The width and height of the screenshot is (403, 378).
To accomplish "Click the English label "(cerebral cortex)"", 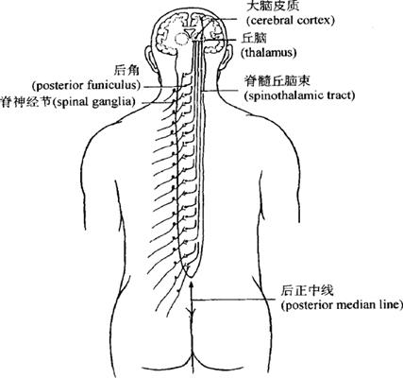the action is point(291,21).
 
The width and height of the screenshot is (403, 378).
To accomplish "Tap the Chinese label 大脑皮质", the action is point(272,5).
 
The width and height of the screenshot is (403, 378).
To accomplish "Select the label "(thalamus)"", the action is point(269,52).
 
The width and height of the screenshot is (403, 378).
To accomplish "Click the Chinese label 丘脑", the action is point(254,38).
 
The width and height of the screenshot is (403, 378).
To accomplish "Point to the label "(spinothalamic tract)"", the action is point(299,95).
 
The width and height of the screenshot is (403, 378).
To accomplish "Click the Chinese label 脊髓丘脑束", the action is point(277,81).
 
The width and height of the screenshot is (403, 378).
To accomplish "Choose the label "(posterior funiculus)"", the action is point(87,86).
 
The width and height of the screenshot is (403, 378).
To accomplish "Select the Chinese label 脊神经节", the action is point(25,102).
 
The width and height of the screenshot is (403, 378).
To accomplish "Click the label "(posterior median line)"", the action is point(342,305).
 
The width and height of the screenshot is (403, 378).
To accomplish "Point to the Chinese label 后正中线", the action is point(307,290).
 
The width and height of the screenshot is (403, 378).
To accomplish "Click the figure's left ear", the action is point(149,57).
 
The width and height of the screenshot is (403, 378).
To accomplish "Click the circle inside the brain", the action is point(182,39).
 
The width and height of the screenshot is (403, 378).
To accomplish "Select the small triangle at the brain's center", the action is point(190,32).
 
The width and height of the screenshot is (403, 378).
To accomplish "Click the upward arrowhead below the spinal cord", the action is point(190,284).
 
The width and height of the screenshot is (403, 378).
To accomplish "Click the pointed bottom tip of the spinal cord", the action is point(190,277).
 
